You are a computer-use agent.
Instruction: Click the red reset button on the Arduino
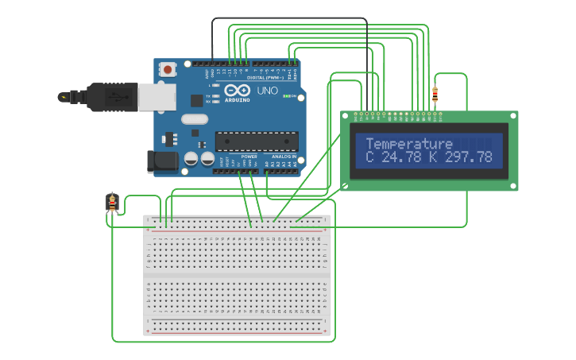coord(168,69)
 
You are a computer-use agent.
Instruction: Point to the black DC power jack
coord(164,161)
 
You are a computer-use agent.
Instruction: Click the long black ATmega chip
coord(257,141)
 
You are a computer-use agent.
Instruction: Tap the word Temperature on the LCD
coord(408,144)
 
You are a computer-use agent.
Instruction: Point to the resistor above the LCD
coord(435,95)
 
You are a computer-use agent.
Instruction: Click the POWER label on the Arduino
coord(249,157)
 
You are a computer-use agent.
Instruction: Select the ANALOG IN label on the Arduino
coord(284,157)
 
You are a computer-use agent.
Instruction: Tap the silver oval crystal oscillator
coord(194,120)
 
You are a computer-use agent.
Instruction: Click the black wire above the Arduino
coord(290,18)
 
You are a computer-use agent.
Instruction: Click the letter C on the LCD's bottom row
coord(369,157)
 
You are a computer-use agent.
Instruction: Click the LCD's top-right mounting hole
coord(513,116)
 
